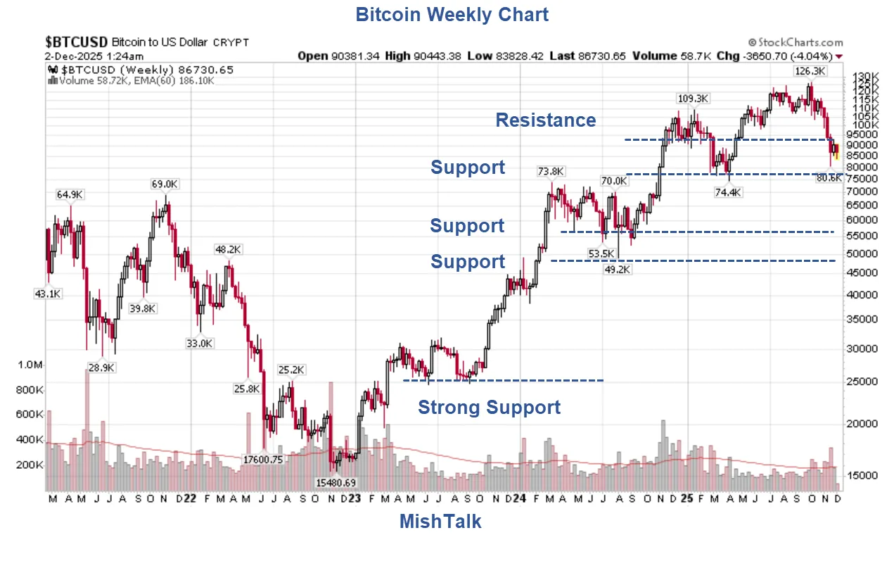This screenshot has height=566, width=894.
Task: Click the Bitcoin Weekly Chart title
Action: tap(452, 14)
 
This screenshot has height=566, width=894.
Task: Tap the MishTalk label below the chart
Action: tap(440, 522)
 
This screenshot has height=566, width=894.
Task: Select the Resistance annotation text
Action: tap(546, 120)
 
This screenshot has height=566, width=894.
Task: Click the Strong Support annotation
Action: tap(490, 408)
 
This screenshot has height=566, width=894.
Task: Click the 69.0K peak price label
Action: tap(165, 184)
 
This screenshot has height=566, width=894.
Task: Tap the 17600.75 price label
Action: tap(263, 459)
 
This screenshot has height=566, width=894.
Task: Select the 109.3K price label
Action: tap(693, 99)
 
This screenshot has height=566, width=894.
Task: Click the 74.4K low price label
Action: tap(727, 192)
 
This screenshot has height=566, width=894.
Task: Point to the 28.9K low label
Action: tap(101, 367)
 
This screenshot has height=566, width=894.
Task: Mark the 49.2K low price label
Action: tap(618, 268)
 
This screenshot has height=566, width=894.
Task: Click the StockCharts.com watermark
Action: tap(795, 42)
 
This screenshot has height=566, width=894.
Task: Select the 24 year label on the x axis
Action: tap(519, 498)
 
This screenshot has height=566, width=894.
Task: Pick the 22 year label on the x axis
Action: tap(189, 498)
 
